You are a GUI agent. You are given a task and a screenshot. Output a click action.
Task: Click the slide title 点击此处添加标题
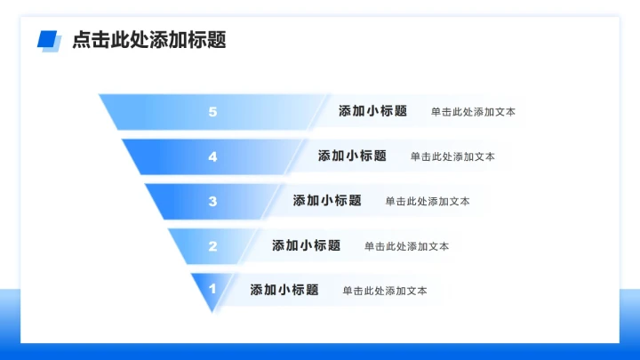click(149, 40)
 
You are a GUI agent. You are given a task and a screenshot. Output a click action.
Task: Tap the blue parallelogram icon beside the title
click(48, 40)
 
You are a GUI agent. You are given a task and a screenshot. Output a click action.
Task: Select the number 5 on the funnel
click(212, 112)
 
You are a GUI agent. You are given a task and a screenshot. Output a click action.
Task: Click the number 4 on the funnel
click(212, 156)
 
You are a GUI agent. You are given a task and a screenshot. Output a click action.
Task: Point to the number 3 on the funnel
click(212, 201)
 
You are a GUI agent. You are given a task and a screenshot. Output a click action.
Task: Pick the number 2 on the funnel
click(212, 245)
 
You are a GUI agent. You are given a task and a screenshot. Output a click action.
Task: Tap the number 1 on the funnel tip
click(212, 289)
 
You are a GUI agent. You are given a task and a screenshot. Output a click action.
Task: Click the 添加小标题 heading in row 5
click(372, 112)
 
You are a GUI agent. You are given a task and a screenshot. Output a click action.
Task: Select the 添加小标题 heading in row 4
click(352, 156)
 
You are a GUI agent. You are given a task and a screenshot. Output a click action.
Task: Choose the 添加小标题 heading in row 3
click(327, 201)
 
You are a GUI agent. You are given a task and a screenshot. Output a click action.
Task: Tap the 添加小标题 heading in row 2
click(306, 245)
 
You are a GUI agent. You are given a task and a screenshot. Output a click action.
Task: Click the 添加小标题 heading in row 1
click(284, 290)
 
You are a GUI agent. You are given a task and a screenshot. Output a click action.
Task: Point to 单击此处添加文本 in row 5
click(473, 113)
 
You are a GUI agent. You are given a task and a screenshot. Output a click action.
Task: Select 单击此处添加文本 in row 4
click(452, 157)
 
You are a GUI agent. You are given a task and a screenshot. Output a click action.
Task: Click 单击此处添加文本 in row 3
click(428, 202)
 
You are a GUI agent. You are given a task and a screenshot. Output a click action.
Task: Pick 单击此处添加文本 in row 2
click(406, 246)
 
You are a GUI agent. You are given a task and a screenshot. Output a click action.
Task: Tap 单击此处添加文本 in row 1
click(385, 291)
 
